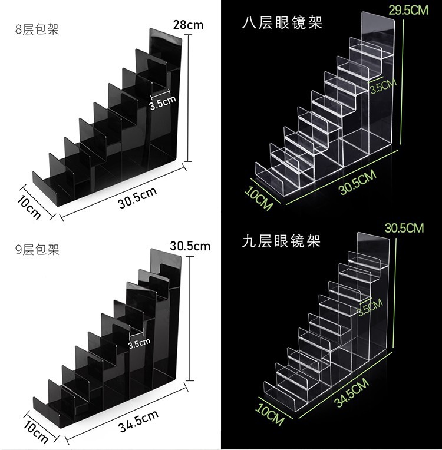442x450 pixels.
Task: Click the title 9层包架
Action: pos(38,250)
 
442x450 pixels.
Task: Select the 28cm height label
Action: pos(188,25)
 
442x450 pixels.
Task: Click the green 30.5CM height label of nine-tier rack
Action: pos(404,228)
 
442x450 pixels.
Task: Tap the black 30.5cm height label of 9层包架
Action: pos(190,246)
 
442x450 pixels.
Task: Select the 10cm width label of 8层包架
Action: pos(30,208)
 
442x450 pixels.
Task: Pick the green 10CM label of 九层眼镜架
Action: pos(271,413)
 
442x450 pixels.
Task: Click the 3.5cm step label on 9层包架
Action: pos(140,342)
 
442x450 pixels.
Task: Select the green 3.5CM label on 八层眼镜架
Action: pos(383,88)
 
